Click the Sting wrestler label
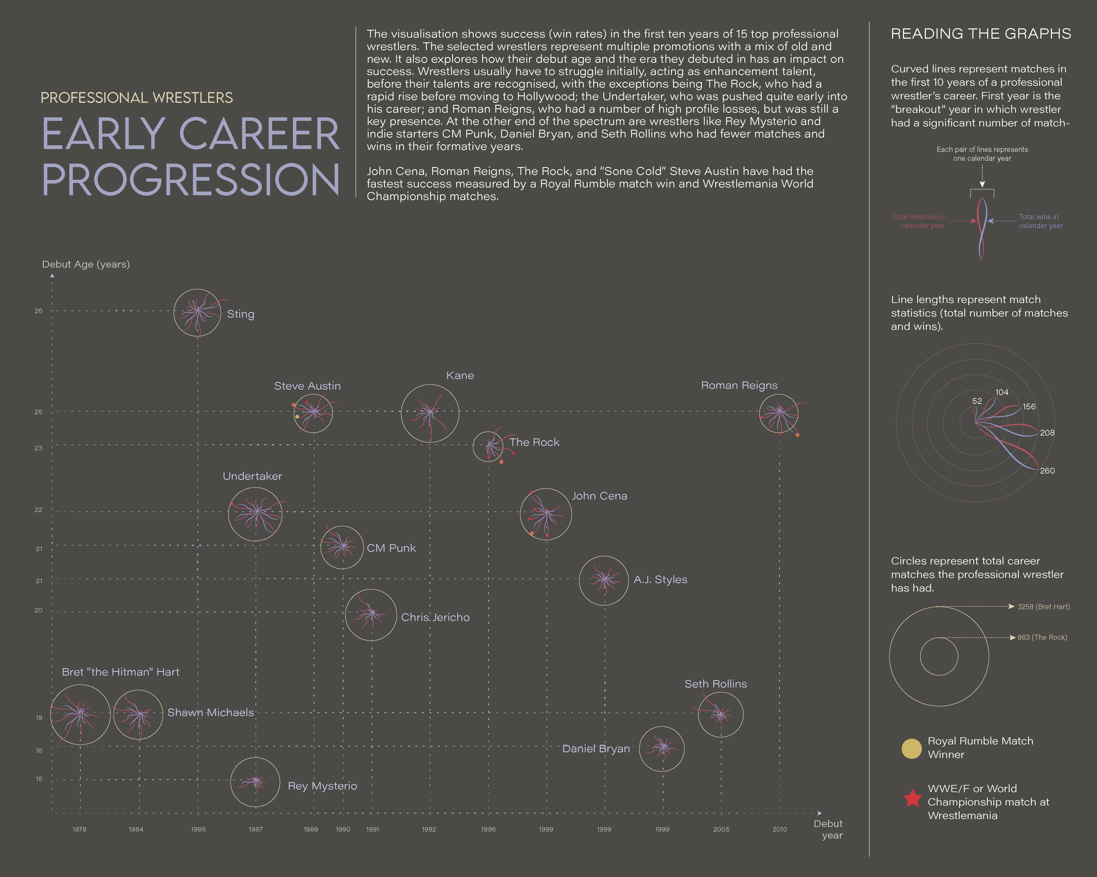[240, 314]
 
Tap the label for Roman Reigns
[739, 385]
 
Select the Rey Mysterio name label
[322, 786]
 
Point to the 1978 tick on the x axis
[79, 829]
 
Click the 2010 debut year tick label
[779, 829]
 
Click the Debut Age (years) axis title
[86, 264]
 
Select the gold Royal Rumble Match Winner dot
[911, 748]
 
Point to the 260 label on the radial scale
[1047, 471]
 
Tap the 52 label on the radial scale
[977, 401]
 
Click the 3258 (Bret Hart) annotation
[1043, 607]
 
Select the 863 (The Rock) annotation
[1042, 638]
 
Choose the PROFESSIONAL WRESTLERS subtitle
[136, 98]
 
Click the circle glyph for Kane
[430, 413]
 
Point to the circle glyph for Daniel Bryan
[662, 748]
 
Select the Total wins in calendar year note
[1040, 221]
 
